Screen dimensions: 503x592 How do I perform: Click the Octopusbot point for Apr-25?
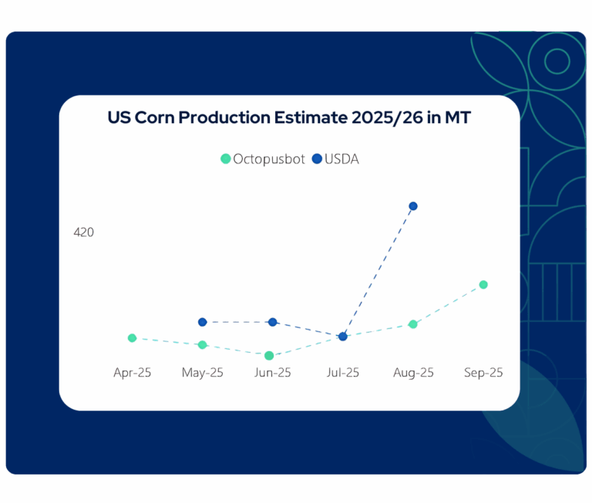tap(133, 338)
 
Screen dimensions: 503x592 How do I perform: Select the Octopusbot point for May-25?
tap(203, 345)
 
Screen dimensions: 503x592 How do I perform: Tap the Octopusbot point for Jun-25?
tap(269, 356)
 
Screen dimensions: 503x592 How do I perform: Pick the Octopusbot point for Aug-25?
tap(413, 324)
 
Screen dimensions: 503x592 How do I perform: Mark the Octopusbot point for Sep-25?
tap(483, 285)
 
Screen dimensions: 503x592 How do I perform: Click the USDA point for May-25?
tap(203, 322)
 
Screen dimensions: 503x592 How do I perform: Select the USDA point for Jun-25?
tap(273, 322)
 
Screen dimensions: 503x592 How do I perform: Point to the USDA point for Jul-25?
tap(343, 337)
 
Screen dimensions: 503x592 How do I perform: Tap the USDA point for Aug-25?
tap(413, 206)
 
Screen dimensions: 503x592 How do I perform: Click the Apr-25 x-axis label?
tap(133, 373)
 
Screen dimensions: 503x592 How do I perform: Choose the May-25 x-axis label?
tap(203, 373)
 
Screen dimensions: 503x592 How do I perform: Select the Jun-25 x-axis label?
tap(273, 373)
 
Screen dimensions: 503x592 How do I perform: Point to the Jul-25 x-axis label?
tap(343, 373)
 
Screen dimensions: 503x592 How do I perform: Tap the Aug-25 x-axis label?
tap(413, 373)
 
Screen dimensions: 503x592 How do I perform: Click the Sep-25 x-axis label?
tap(483, 373)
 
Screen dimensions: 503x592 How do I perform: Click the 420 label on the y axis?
tap(83, 232)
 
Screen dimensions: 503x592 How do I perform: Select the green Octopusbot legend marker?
tap(226, 159)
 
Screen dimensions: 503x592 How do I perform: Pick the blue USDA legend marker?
tap(317, 159)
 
